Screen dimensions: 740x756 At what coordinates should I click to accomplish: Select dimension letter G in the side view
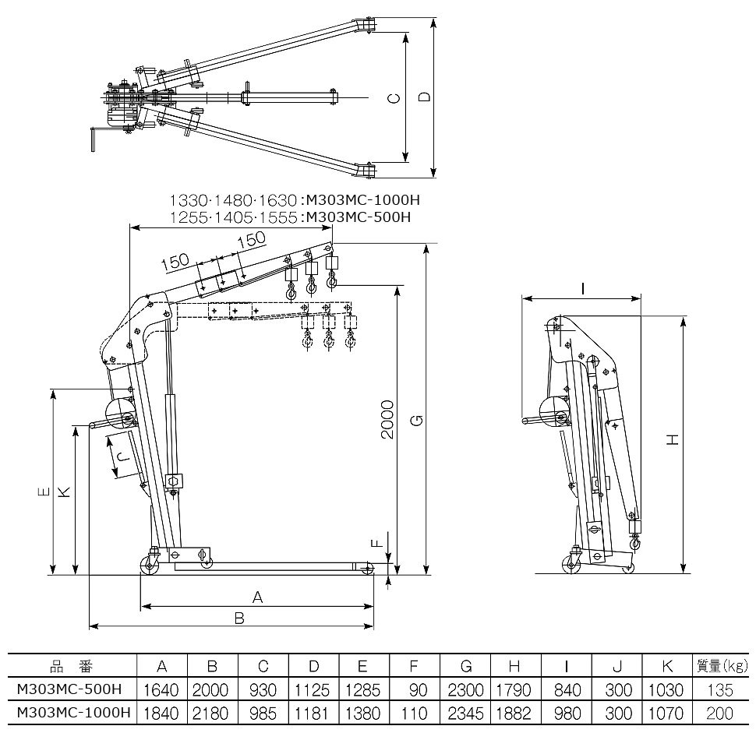(x=418, y=421)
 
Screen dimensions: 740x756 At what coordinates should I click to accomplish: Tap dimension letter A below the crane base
(x=258, y=597)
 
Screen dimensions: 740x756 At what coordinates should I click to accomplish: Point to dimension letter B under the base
(x=240, y=618)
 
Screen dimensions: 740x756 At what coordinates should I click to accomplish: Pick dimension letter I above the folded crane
(x=583, y=289)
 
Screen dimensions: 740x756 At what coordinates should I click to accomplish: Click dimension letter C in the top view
(x=394, y=99)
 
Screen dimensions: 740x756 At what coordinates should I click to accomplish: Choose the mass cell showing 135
(x=721, y=689)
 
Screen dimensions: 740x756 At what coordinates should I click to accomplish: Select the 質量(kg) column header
(x=721, y=666)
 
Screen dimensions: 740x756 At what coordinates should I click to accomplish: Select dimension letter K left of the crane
(x=65, y=492)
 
